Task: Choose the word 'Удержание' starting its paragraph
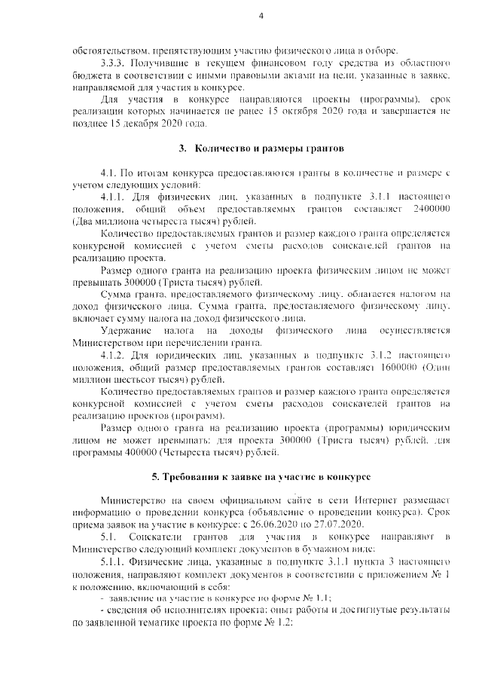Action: [x=127, y=331]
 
